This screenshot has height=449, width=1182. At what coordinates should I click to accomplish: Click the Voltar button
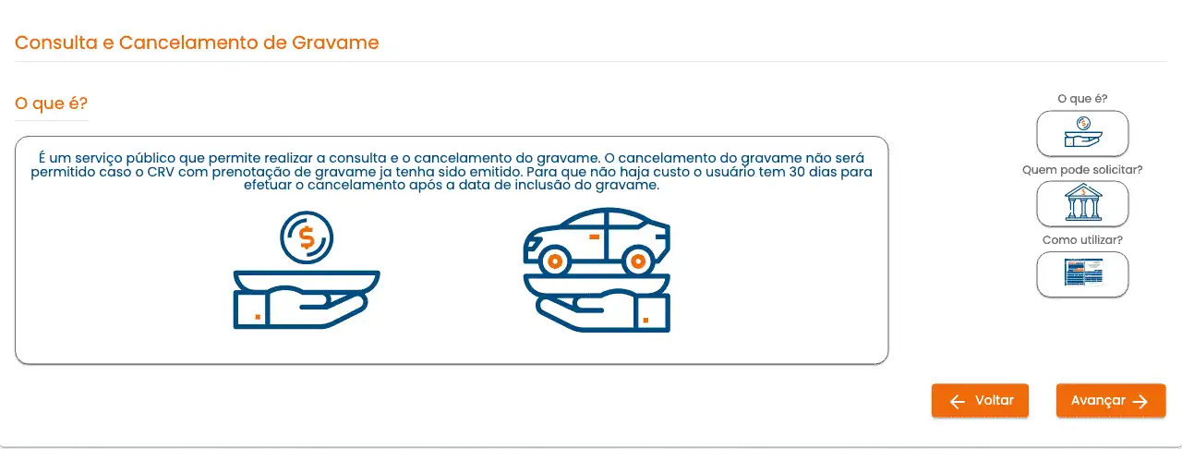coord(980,400)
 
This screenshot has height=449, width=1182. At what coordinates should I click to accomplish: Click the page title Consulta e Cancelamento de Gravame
coord(197,42)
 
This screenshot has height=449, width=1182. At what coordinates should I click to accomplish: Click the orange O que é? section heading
coord(51,103)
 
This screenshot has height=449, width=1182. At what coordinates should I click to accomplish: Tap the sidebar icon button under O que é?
coord(1082,134)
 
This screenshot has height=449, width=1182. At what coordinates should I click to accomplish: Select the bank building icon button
coord(1082,204)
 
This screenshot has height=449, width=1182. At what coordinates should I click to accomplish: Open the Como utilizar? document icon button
coord(1082,274)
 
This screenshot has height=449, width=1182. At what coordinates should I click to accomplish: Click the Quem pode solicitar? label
coord(1082,170)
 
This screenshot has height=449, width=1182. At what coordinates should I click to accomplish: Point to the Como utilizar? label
coord(1082,240)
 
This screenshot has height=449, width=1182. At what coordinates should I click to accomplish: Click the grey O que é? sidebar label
coord(1082,99)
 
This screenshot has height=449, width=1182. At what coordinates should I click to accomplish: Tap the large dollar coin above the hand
coord(307,237)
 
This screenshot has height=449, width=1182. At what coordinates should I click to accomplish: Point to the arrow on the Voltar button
coord(958,402)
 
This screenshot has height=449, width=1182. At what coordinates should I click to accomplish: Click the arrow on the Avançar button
coord(1140,402)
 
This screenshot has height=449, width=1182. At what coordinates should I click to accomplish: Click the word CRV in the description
coord(161,172)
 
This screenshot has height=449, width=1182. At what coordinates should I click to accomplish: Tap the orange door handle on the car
coord(594,237)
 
